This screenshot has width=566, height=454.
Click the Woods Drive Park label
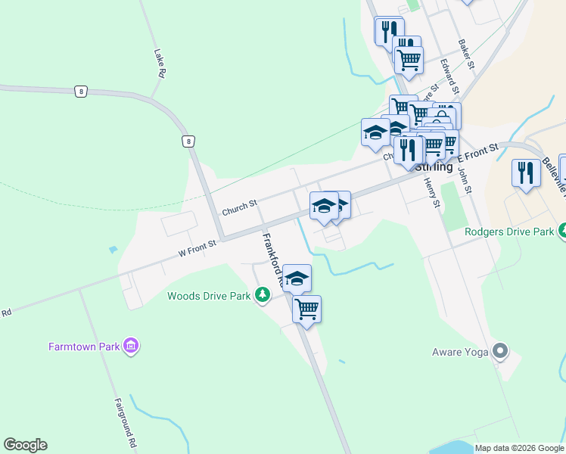[x=209, y=296]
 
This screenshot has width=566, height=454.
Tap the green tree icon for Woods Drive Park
[x=262, y=294]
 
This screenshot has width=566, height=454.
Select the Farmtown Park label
[x=85, y=347]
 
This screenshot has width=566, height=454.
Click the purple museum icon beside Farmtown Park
[x=132, y=347]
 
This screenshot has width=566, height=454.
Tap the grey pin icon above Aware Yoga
[x=499, y=350]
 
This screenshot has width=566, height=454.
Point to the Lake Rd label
[x=159, y=64]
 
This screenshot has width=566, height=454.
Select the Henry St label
[x=431, y=192]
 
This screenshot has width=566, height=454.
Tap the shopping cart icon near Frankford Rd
[x=306, y=308]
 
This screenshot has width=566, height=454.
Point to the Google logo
[x=25, y=445]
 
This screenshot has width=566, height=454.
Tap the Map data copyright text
[x=519, y=448]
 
